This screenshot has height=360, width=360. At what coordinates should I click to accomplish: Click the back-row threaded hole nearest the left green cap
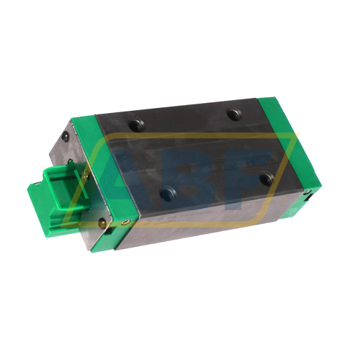point(136,124)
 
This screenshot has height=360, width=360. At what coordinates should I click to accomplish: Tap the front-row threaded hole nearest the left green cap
point(168,194)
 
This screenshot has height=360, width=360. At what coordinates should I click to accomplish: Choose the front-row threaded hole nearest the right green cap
point(266,178)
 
